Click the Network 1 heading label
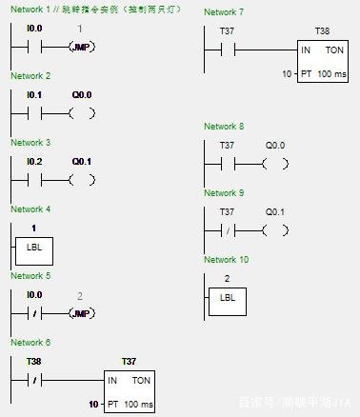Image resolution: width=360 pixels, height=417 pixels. (x=30, y=10)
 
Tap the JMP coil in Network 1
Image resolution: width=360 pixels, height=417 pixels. (x=82, y=47)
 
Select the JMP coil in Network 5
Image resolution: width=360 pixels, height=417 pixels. (x=82, y=313)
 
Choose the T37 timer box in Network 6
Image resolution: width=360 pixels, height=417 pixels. (x=130, y=391)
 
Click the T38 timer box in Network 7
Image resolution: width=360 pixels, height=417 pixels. (x=322, y=61)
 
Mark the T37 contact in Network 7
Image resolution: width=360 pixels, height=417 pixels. (x=227, y=50)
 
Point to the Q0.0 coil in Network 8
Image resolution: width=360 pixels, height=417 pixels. (x=274, y=163)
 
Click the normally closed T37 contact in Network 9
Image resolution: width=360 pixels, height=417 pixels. (x=227, y=229)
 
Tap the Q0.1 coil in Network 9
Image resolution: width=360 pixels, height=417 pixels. (x=274, y=229)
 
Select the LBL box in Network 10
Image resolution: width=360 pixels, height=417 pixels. (x=227, y=297)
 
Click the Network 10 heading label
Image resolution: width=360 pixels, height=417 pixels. (x=226, y=260)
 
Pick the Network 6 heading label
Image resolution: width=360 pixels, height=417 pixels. (x=30, y=343)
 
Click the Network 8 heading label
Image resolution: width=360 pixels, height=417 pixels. (x=224, y=127)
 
